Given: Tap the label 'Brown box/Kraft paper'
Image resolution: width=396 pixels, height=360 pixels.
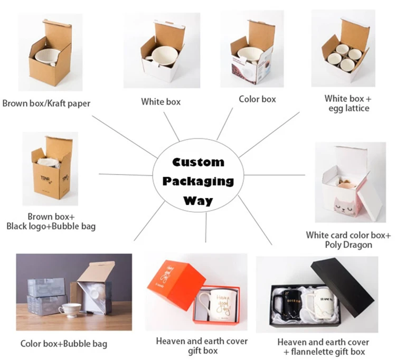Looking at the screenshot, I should click(46, 103).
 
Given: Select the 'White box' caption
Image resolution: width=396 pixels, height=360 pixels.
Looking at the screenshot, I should click(161, 101).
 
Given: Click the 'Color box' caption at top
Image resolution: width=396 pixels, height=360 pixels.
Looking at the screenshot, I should click(257, 99).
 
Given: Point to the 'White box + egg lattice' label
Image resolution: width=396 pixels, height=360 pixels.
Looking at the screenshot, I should click(347, 103).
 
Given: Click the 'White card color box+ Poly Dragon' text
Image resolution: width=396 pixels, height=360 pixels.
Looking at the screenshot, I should click(348, 240).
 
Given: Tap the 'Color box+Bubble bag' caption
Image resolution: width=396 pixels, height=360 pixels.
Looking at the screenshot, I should click(63, 344).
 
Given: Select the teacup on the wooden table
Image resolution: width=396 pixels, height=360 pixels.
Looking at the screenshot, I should click(69, 310).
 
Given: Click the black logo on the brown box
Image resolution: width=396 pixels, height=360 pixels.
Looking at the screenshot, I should click(43, 180).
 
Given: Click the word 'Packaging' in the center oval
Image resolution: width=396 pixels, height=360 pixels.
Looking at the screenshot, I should click(197, 181).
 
